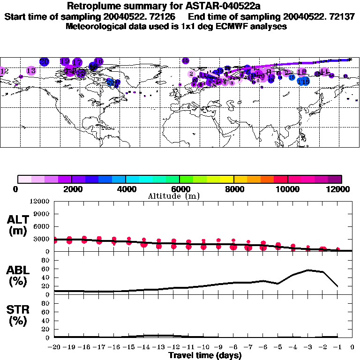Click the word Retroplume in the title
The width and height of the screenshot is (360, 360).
tap(92, 6)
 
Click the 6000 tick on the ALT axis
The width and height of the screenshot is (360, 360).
tap(42, 226)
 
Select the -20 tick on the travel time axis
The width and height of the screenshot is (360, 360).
tap(54, 347)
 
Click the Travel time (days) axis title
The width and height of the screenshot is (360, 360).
tap(205, 356)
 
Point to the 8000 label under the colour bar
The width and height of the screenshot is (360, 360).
tap(233, 189)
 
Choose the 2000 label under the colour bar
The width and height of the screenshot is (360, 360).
tap(71, 189)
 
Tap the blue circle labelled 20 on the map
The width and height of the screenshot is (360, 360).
tap(45, 61)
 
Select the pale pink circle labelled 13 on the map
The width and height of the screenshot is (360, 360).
tap(31, 71)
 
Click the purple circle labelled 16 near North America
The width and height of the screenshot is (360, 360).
tap(98, 61)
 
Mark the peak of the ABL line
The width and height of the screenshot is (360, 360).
tap(308, 270)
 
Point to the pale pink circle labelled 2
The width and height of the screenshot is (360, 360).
tap(191, 74)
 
